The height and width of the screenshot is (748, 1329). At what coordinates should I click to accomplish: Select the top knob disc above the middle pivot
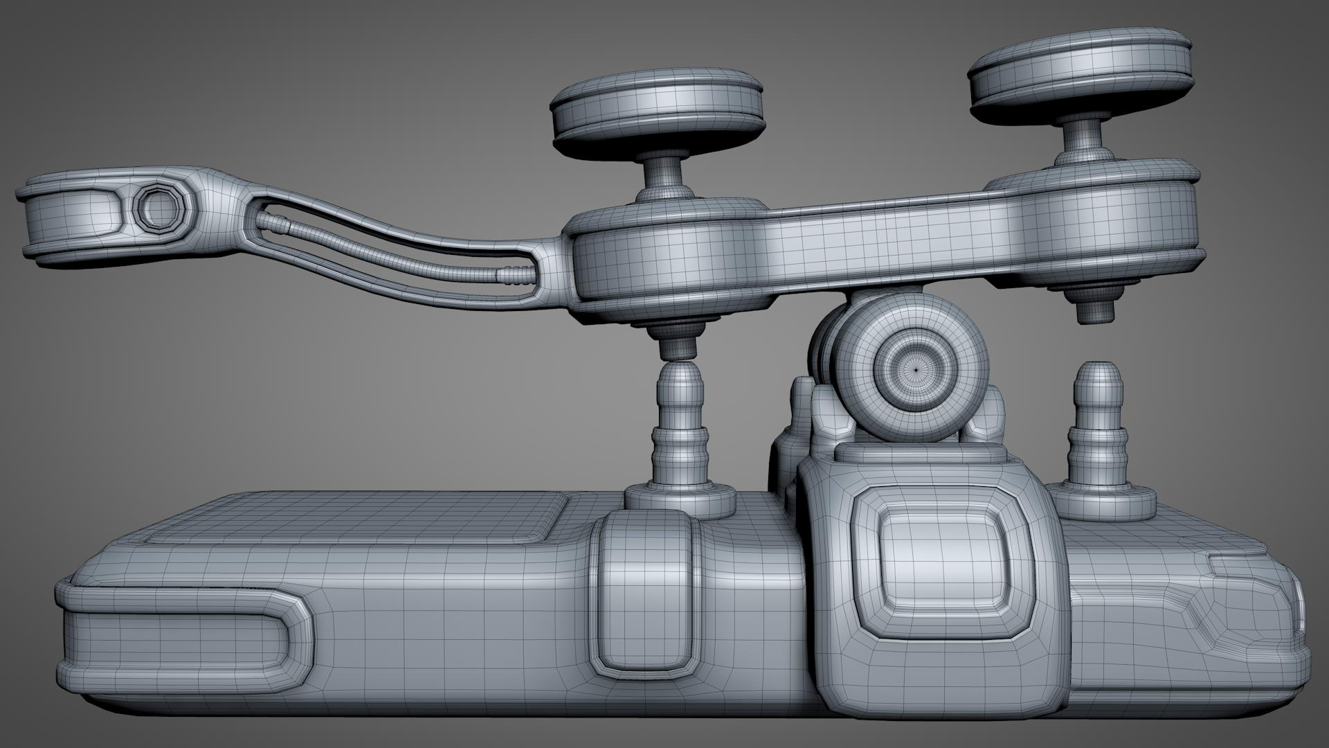click(x=656, y=112)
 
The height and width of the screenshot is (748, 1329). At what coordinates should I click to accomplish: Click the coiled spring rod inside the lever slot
click(x=388, y=250)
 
